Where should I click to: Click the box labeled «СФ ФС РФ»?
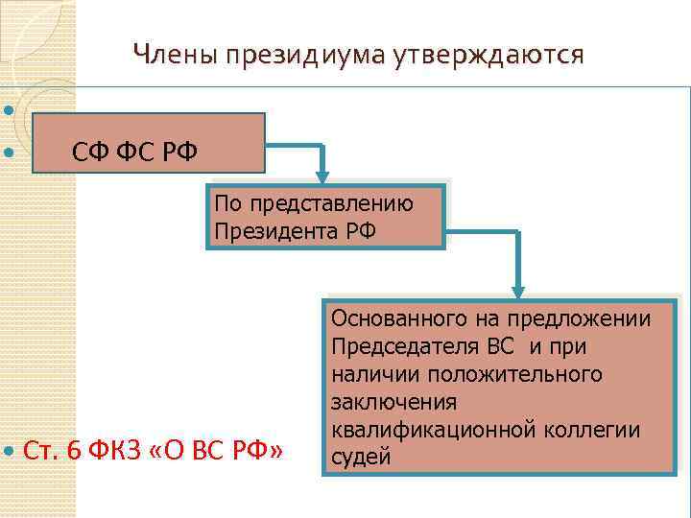pyautogui.click(x=148, y=148)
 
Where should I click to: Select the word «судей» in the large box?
pyautogui.click(x=360, y=457)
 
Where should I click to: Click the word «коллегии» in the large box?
pyautogui.click(x=593, y=429)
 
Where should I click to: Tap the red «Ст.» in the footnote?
pyautogui.click(x=42, y=450)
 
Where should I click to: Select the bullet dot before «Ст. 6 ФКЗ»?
pyautogui.click(x=9, y=450)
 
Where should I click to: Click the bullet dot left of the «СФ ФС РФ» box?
pyautogui.click(x=9, y=152)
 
